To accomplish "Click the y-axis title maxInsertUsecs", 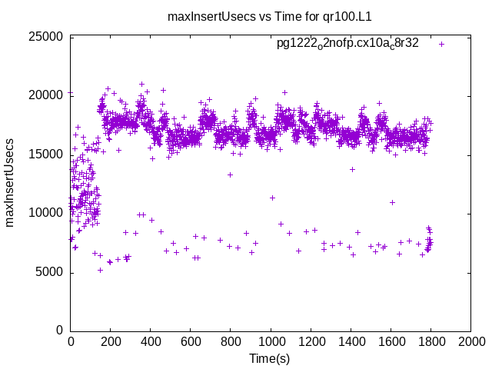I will click(x=11, y=183).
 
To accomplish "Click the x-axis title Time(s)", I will click(x=270, y=358).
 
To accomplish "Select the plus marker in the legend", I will click(x=441, y=44).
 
